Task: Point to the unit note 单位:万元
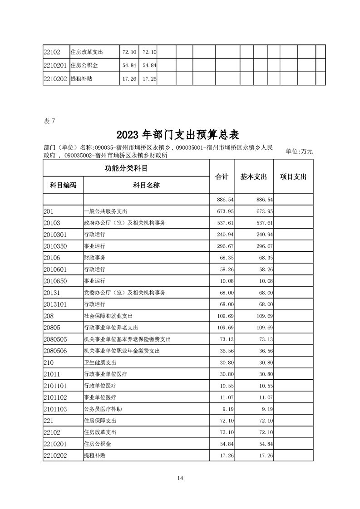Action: tap(299, 152)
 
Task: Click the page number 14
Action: tap(180, 478)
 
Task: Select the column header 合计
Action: tap(222, 177)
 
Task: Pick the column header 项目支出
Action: tap(293, 177)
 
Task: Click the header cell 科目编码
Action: tap(63, 185)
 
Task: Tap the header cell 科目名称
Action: tap(146, 185)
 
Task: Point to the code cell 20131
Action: tap(52, 293)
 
